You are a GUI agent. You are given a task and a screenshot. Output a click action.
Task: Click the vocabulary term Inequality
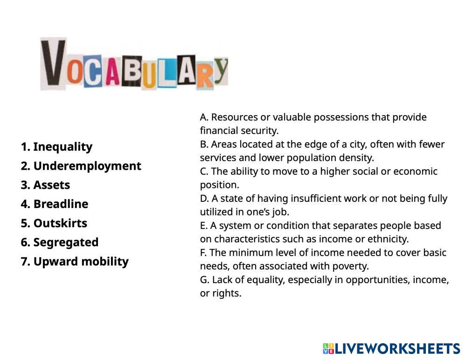[63, 147]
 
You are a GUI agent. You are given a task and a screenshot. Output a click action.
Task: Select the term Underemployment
[87, 166]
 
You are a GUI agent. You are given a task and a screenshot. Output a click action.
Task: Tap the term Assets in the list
[51, 185]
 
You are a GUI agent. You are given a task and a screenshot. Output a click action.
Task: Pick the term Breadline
[61, 204]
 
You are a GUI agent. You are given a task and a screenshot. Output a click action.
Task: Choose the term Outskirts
[60, 223]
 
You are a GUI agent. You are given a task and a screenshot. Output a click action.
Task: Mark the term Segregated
[66, 242]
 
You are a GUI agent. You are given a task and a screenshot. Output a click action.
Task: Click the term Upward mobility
[81, 262]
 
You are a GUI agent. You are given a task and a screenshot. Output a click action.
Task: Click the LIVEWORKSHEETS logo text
[397, 348]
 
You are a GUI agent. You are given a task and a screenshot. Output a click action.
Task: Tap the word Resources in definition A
[234, 117]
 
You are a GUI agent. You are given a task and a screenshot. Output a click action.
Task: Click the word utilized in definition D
[218, 212]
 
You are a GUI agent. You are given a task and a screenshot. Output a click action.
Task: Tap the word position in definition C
[219, 185]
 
